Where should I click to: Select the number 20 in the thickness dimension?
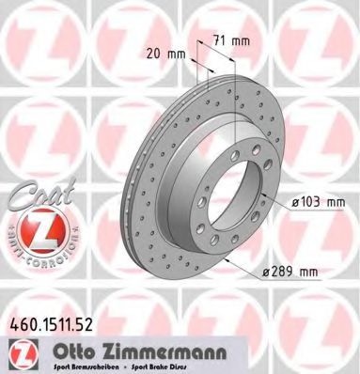coord(154,54)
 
